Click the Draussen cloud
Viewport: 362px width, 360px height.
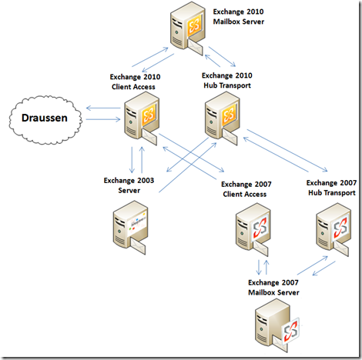45,119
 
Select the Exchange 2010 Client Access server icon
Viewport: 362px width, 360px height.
142,118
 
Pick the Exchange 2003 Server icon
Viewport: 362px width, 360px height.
130,227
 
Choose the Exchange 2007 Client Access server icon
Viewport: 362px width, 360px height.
253,229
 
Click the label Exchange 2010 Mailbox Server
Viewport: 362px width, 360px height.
239,17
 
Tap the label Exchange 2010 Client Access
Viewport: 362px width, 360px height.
135,82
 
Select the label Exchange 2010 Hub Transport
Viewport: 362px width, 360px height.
227,80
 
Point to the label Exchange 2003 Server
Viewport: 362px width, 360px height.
129,185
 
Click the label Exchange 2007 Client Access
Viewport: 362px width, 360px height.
246,189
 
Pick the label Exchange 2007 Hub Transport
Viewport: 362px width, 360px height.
331,188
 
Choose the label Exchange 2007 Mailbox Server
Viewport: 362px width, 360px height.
273,288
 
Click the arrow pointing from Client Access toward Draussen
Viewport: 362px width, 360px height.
103,108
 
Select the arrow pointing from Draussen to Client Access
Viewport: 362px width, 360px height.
103,119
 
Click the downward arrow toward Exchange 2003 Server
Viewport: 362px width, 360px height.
132,160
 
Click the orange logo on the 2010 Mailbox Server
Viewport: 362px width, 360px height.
194,26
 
